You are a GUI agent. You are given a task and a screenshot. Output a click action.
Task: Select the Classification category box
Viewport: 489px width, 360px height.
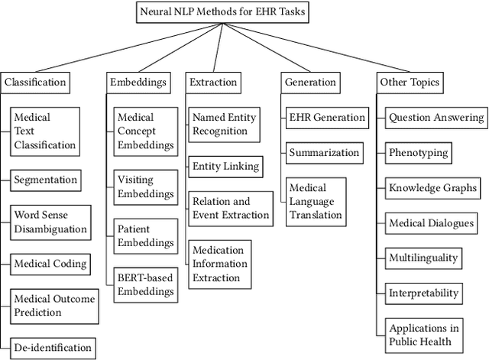[x=35, y=82]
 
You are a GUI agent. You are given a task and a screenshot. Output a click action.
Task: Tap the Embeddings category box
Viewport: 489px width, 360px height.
[x=138, y=82]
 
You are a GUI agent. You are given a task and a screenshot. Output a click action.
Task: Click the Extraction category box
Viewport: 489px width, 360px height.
[x=213, y=82]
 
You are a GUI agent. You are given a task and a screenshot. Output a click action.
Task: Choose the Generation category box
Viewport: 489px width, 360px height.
[x=309, y=82]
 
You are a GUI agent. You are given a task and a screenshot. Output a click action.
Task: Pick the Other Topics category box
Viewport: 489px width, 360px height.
[x=410, y=82]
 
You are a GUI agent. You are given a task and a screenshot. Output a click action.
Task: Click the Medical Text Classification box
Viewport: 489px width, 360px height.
[x=45, y=131]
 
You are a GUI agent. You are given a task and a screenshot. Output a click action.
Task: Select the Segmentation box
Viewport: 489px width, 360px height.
[x=46, y=180]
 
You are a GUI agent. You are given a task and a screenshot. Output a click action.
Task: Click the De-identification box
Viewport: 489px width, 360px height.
[x=53, y=348]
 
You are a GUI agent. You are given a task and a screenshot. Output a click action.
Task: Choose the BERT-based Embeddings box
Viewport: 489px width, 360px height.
[x=145, y=284]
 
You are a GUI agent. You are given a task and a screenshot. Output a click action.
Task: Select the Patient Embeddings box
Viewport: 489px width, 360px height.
[x=145, y=236]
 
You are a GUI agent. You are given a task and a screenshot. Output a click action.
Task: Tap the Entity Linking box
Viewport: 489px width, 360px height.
[x=225, y=166]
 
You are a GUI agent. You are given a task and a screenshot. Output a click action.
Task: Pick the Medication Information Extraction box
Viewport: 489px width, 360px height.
[x=220, y=263]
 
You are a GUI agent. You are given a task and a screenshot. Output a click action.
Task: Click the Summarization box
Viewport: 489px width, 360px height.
[x=324, y=153]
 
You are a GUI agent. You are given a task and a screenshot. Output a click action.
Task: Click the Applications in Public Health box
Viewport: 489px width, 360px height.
[x=425, y=335]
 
